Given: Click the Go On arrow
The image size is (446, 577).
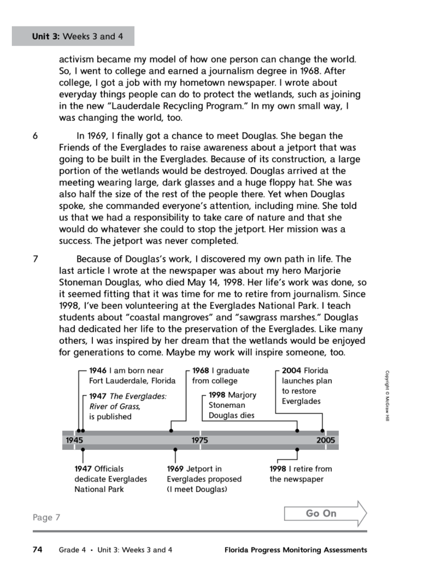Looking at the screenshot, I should tap(325, 514).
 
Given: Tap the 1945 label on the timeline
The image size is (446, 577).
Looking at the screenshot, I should tap(74, 440).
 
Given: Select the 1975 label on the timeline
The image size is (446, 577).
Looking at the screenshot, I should tap(200, 440).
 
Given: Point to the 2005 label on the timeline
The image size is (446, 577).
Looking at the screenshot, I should tap(325, 440).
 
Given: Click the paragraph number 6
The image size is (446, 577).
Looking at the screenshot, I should tap(35, 136).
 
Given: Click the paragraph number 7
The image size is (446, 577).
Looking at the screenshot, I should tap(35, 259).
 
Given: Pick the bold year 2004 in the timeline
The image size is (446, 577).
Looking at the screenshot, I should tap(292, 371).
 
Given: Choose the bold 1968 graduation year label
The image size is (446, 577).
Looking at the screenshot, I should tap(200, 371).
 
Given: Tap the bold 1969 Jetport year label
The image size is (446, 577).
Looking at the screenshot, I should tap(175, 469).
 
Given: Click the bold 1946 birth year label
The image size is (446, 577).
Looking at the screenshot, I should tap(97, 371).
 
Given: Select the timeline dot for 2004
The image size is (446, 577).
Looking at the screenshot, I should tap(323, 431).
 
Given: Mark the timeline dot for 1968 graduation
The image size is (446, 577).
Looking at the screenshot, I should tap(171, 430).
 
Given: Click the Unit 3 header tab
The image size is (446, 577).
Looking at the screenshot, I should tap(73, 36).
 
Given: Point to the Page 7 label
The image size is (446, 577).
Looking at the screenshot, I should tap(46, 517).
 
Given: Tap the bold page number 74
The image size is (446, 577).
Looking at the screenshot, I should tap(37, 550).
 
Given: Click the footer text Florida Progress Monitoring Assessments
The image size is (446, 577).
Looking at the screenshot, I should tap(296, 550).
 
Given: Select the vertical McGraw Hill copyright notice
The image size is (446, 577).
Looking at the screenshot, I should tap(387, 396).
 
